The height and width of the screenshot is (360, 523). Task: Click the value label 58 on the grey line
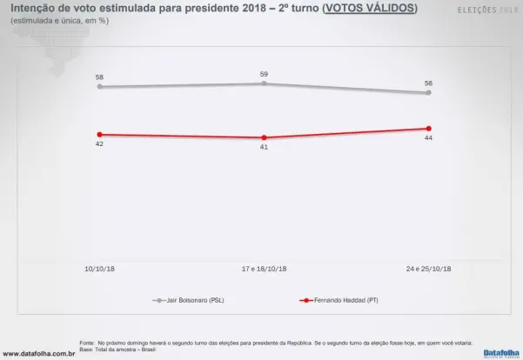(99, 77)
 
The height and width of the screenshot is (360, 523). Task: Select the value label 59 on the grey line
(264, 74)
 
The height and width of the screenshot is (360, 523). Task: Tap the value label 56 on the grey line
(428, 83)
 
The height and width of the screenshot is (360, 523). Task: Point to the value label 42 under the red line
(99, 143)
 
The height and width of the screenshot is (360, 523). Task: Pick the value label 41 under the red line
(264, 147)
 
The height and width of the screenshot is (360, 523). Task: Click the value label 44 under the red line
(428, 137)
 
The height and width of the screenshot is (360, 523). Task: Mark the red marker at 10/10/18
(99, 135)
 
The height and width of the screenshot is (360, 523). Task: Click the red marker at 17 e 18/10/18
(264, 137)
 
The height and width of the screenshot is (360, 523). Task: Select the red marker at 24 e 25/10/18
(428, 129)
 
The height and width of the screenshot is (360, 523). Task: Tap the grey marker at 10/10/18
(99, 86)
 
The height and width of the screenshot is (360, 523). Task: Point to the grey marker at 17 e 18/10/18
(264, 83)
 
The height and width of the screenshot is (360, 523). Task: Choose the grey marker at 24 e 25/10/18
(428, 92)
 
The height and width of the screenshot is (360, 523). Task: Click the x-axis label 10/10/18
(99, 269)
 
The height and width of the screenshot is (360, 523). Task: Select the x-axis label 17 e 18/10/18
(264, 269)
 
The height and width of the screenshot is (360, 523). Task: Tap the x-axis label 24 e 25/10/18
(427, 269)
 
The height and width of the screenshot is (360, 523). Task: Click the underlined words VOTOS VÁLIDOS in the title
(369, 8)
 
